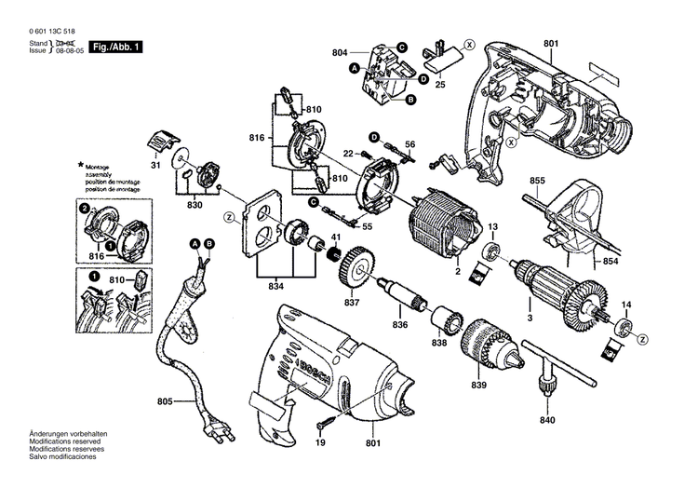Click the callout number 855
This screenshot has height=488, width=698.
coord(538,180)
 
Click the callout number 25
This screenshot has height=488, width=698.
coord(440,85)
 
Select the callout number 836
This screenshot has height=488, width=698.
coord(400,323)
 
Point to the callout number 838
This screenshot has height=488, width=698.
coord(438,344)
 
